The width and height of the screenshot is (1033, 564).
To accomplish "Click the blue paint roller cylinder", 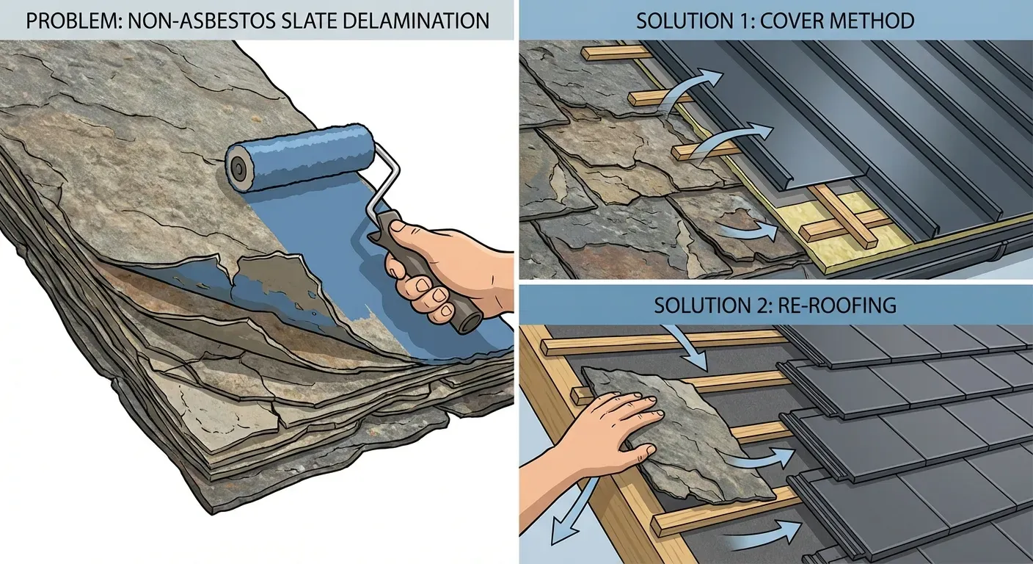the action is (301, 158).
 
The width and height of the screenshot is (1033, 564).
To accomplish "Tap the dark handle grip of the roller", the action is (426, 272).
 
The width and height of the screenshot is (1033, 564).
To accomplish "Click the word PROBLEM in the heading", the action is (72, 21).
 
